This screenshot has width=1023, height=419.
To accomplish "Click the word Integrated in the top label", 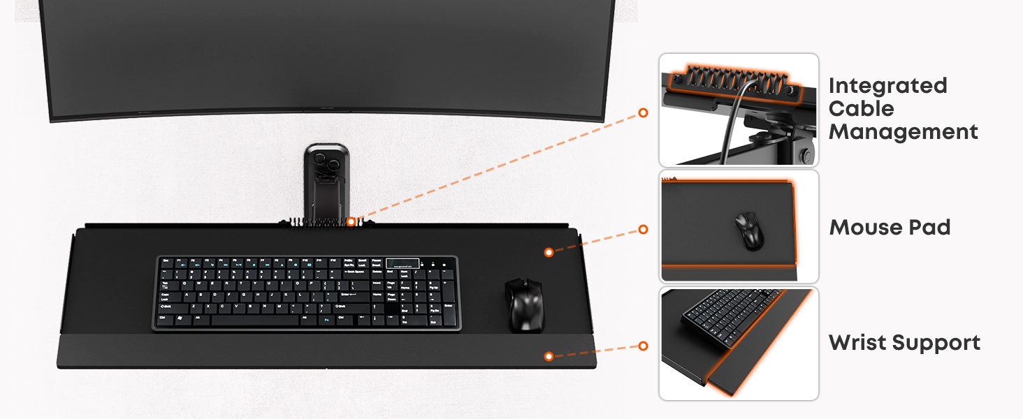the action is click(x=888, y=87).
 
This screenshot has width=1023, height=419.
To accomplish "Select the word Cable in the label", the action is click(x=862, y=109).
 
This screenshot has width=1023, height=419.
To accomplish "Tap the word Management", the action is click(x=904, y=132).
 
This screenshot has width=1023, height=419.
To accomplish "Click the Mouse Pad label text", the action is click(x=890, y=227).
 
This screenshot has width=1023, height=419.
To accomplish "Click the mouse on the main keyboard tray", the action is click(x=525, y=304).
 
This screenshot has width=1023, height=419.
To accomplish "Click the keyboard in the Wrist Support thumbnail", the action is click(x=730, y=315).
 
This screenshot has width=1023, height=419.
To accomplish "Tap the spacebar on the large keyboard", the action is click(x=255, y=320).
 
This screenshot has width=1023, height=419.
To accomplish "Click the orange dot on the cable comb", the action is click(x=351, y=222).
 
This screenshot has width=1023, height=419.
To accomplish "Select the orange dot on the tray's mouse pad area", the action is click(x=549, y=252).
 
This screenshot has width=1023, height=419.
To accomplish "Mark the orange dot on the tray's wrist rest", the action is click(x=549, y=356).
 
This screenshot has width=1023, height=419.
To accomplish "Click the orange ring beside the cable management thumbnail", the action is click(x=643, y=112).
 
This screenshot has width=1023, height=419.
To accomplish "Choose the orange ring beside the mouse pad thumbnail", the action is click(x=643, y=229).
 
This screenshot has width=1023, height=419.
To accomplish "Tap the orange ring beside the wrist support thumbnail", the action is click(x=643, y=346).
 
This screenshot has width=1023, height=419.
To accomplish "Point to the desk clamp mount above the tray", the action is click(x=326, y=182).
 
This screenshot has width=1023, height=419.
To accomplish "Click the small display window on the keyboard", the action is click(x=402, y=264).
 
